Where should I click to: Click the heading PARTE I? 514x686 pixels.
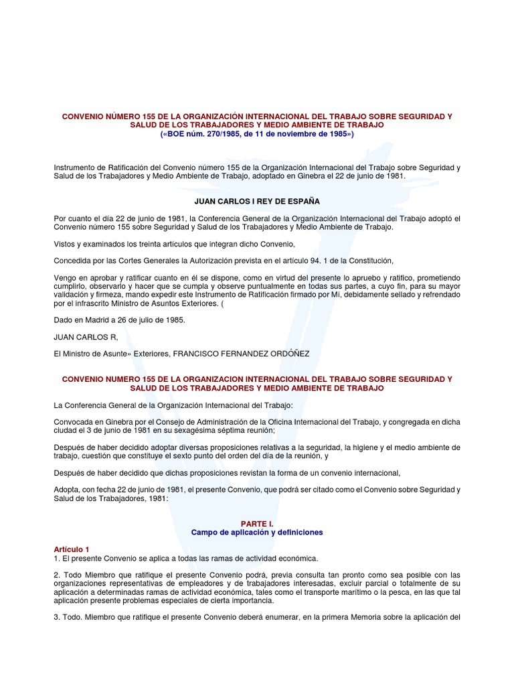[257, 522]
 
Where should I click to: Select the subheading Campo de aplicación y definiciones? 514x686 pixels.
[257, 532]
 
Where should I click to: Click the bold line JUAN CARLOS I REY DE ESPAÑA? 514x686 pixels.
[257, 200]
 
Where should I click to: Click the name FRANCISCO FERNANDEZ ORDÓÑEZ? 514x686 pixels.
[255, 354]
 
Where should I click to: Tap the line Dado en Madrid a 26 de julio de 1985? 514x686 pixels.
[119, 320]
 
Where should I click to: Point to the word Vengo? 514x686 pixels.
[65, 277]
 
